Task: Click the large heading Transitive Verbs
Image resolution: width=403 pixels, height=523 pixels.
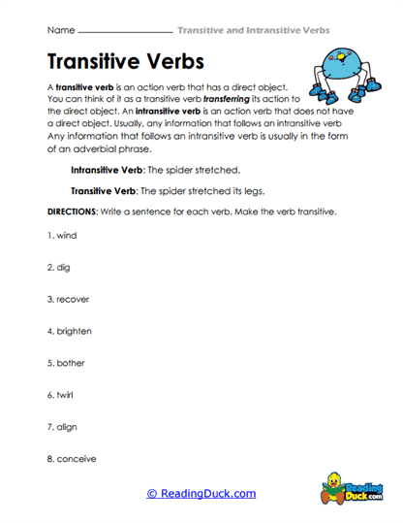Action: (126, 61)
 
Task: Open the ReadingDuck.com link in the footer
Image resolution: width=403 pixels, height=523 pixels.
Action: (201, 494)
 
